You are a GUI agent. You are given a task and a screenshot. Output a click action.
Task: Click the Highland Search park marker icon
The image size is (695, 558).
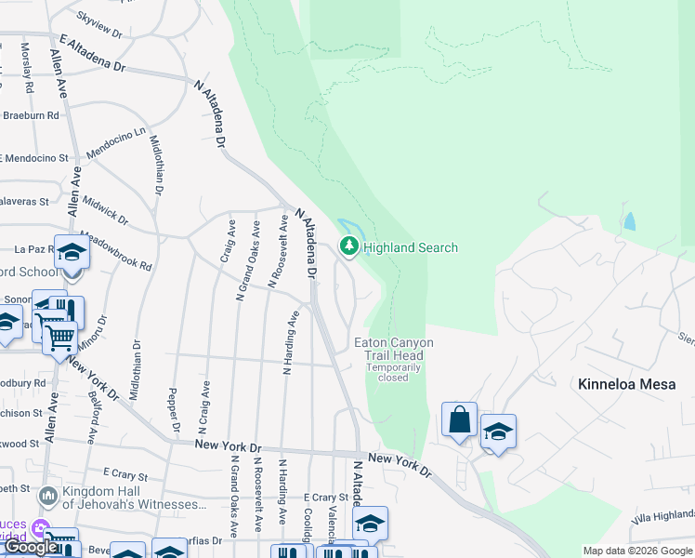[349, 246]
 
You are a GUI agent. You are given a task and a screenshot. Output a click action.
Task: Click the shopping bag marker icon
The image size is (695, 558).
[460, 420]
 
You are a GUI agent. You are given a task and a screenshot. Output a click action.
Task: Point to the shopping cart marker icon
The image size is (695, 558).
[59, 336]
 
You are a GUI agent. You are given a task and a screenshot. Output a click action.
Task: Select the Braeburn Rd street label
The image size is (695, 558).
[30, 115]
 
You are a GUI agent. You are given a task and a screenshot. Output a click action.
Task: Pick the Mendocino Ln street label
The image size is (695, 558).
[116, 143]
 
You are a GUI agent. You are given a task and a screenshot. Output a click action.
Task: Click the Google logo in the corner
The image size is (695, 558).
[30, 547]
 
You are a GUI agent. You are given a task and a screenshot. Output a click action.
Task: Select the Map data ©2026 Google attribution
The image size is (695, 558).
[637, 551]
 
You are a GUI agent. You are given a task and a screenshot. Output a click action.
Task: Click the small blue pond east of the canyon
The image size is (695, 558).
[631, 221]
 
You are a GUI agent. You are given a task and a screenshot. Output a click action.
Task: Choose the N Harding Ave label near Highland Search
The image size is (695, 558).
[291, 342]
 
